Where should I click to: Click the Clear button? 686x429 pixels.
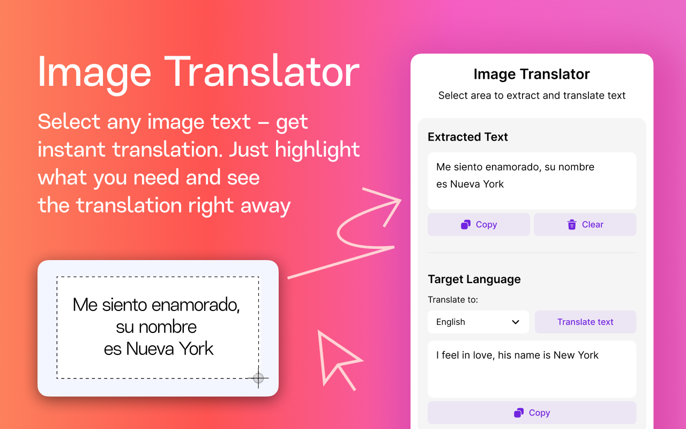point(585,225)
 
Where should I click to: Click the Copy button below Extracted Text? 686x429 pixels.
point(479,225)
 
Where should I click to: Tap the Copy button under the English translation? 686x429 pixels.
point(532,413)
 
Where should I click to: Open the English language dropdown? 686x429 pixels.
point(478,322)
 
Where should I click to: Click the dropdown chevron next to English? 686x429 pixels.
point(516,322)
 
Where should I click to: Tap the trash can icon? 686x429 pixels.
point(572,225)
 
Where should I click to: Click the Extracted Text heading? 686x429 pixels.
point(468,137)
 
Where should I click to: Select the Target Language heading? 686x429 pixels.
point(474,279)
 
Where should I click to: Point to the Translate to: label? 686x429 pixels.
point(453,300)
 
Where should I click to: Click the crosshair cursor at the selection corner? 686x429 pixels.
point(258,379)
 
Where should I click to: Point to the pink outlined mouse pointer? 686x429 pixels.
point(335,357)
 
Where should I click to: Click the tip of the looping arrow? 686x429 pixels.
point(400,201)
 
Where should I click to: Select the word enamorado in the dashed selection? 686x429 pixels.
point(196,305)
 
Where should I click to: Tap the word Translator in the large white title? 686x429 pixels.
point(262,72)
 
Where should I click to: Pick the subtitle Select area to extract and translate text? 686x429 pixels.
point(532,95)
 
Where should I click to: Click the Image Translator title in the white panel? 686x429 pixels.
point(532,75)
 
